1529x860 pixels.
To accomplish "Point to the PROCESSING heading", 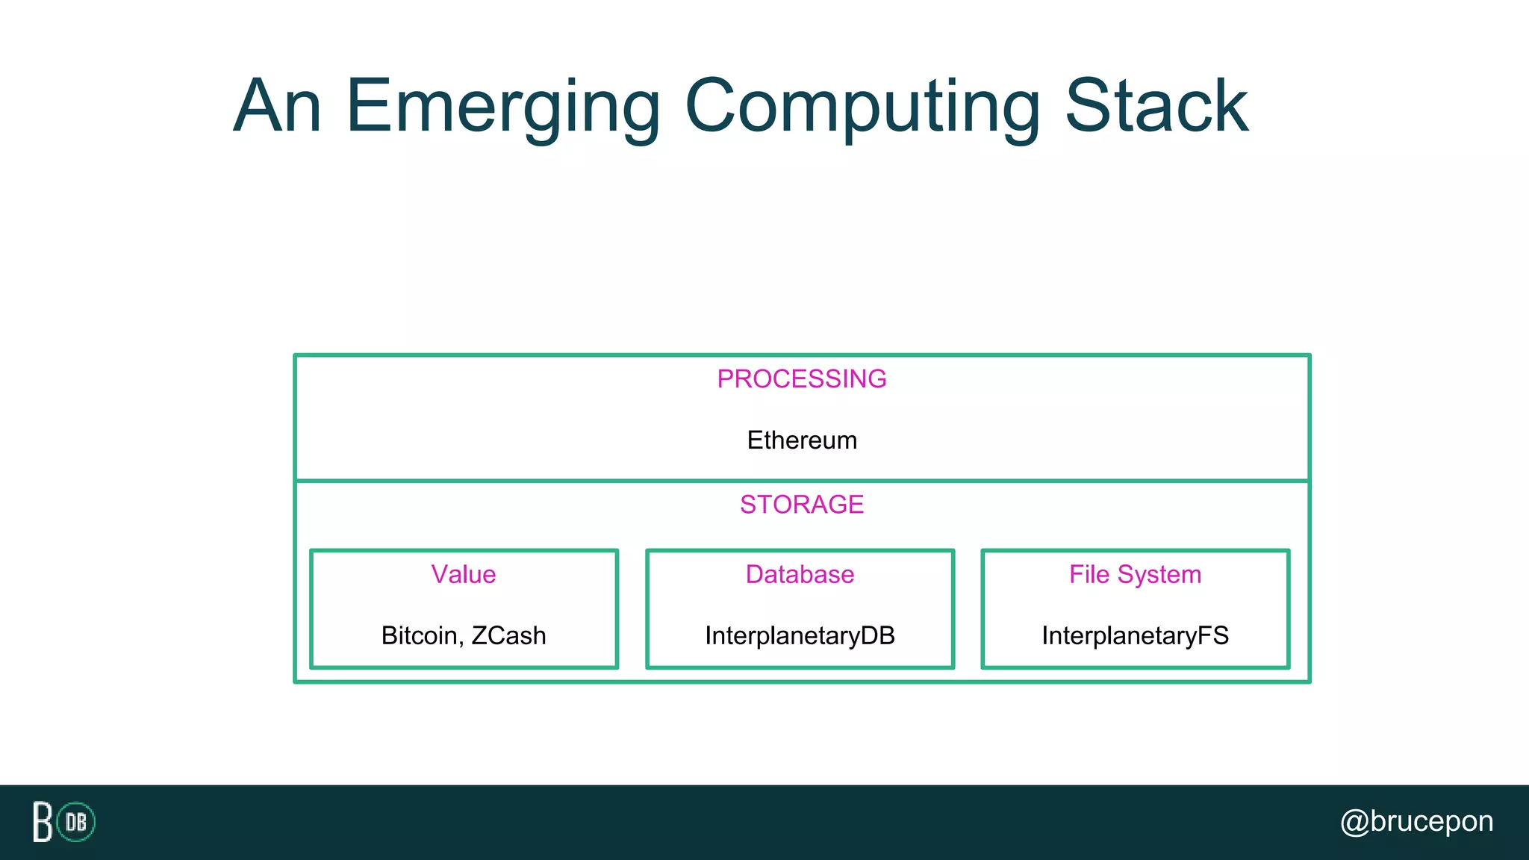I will [x=802, y=379].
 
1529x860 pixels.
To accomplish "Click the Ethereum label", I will [x=802, y=440].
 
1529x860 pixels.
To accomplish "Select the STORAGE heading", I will [x=802, y=505].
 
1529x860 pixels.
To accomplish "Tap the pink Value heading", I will [x=464, y=575].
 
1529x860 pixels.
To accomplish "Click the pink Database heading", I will [x=800, y=575].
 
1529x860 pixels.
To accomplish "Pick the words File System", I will [x=1135, y=575].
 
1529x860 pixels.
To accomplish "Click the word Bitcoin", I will [x=420, y=636].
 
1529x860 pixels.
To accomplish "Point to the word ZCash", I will [x=509, y=636].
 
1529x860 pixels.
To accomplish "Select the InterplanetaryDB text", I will [x=800, y=636].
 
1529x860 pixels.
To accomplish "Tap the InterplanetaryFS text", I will [x=1135, y=636].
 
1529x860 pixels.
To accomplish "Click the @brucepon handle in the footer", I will [x=1416, y=821].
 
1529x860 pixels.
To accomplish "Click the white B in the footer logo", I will [x=43, y=822].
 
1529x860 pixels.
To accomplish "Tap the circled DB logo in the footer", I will [x=76, y=822].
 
